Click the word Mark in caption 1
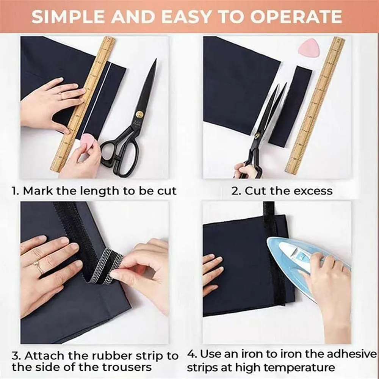click(x=38, y=191)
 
